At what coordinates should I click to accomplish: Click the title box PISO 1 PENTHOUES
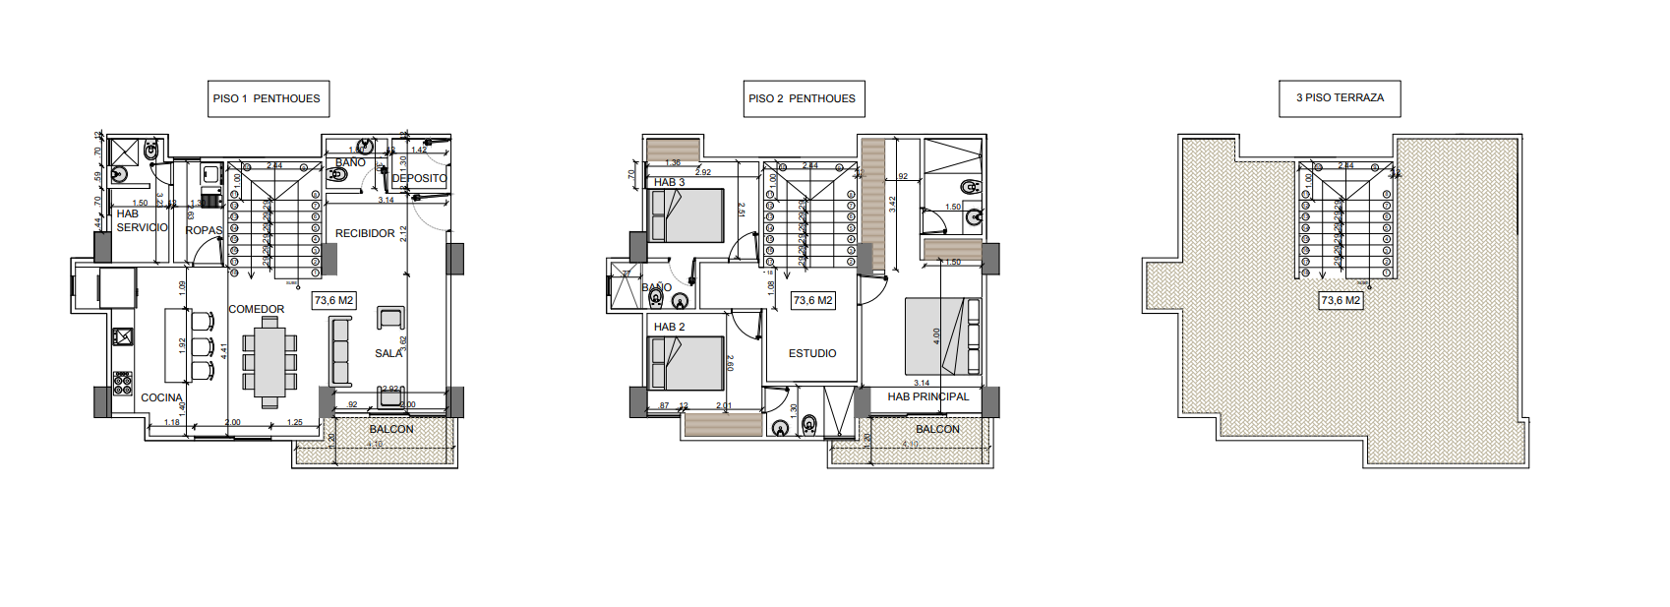coord(268,98)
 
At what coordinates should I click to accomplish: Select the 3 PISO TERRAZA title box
coord(1340,98)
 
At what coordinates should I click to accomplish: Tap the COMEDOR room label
coord(257,309)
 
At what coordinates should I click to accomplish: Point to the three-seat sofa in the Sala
coord(340,351)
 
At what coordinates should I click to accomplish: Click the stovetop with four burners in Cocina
coord(122,383)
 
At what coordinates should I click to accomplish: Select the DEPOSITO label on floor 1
coord(420,178)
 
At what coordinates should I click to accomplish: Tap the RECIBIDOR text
coord(365,233)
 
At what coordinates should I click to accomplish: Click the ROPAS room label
coord(205,230)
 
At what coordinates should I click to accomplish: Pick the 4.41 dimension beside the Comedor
coord(224,349)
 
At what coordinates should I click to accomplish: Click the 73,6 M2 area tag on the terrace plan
coord(1341,300)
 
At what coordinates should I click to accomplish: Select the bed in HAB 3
coord(686,215)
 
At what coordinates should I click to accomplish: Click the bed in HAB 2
coord(686,363)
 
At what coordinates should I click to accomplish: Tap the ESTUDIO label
coord(812,353)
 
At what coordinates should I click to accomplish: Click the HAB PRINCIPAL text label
coord(927,396)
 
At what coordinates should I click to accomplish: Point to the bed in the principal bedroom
coord(942,336)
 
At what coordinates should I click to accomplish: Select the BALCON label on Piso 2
coord(937,429)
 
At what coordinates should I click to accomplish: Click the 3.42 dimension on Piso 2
coord(892,205)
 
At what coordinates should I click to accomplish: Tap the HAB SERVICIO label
coord(142,220)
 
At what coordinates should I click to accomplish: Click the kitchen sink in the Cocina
coord(122,336)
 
